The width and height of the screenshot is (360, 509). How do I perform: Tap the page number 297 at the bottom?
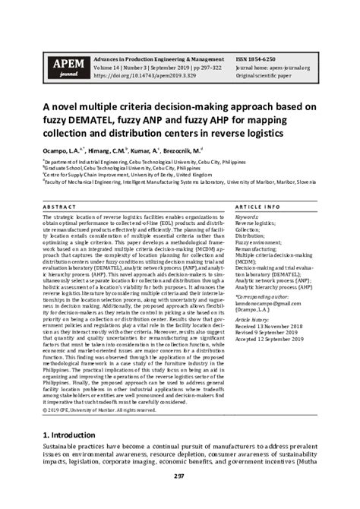[180, 497]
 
